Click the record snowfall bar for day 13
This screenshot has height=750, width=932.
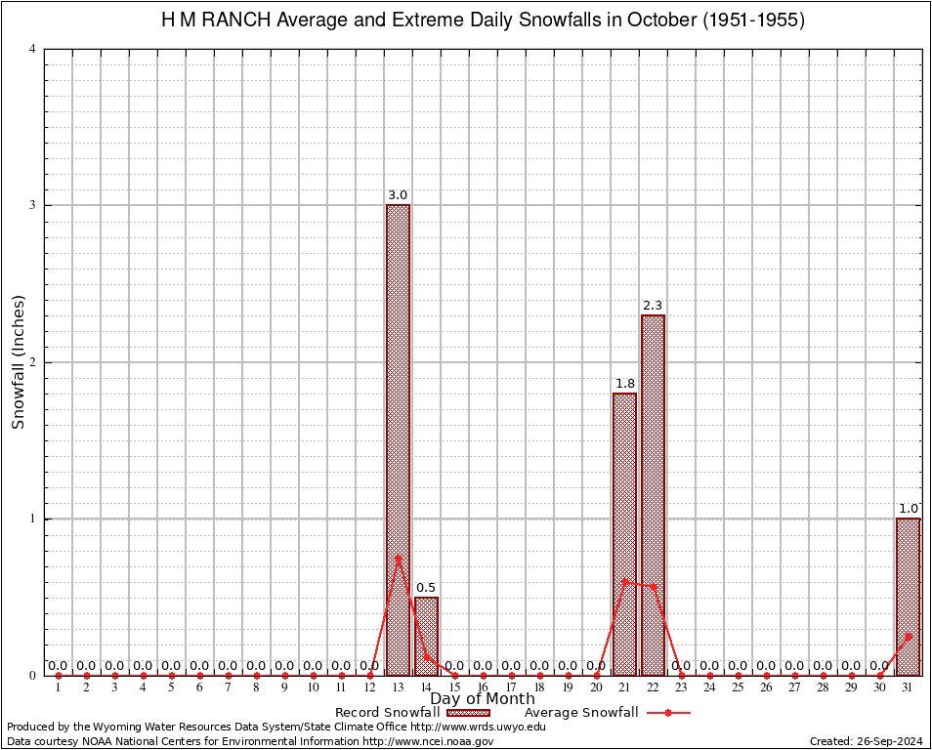[398, 439]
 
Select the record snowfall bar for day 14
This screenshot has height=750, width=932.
[426, 636]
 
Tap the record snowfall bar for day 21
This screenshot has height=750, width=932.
[624, 533]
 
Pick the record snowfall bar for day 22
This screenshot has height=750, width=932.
[653, 494]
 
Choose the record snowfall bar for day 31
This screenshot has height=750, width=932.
[908, 596]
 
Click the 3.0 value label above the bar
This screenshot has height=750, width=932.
[398, 195]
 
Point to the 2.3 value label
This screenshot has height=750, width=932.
[653, 306]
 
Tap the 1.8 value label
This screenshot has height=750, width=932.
[624, 384]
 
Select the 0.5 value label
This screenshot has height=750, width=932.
[426, 588]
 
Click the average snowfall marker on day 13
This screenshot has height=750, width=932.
[398, 558]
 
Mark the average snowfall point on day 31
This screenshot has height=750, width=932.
[908, 636]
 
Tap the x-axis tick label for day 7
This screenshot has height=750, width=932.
[228, 688]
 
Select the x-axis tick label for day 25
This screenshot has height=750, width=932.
[738, 688]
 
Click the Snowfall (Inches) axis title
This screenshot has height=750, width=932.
[18, 362]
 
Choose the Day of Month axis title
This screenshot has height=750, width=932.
[483, 699]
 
